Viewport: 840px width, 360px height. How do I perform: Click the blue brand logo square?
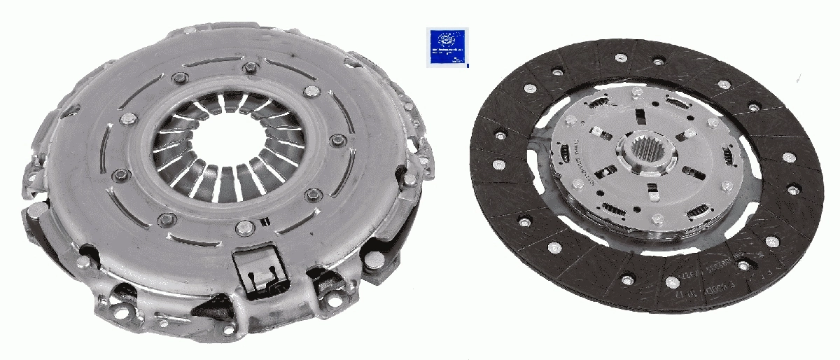447,48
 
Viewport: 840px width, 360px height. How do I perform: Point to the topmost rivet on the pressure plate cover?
248,68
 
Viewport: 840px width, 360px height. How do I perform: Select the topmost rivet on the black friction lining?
621,58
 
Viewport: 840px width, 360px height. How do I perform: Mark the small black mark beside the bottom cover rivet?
265,223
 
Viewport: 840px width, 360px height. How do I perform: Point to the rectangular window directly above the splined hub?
640,116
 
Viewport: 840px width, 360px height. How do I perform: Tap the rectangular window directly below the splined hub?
651,188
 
